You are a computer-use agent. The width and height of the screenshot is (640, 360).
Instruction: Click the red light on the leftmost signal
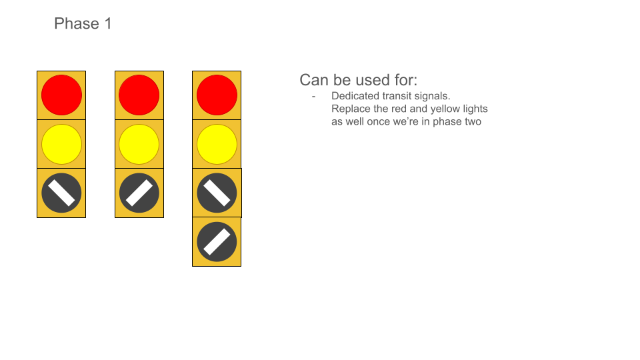pos(61,95)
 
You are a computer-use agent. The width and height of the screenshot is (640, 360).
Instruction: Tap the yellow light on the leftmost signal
pos(61,144)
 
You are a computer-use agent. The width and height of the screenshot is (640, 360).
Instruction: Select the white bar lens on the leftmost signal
pos(61,193)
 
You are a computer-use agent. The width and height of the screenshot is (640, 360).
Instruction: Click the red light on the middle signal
pos(139,95)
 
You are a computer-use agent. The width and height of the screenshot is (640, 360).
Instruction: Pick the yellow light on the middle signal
pos(139,144)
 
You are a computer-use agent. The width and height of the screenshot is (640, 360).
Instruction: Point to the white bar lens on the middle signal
pos(139,193)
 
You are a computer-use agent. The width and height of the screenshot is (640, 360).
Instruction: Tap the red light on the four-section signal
pos(217,95)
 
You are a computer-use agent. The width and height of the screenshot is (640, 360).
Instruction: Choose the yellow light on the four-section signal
pos(217,144)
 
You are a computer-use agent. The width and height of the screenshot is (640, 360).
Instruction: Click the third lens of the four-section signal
pos(217,193)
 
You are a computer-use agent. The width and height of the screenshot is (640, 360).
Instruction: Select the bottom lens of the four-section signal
pos(217,242)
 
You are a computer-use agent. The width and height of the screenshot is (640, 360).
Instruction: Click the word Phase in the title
pos(77,24)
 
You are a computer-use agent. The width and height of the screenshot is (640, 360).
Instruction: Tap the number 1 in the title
pos(108,24)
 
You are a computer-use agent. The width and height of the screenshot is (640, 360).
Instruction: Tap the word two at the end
pos(473,121)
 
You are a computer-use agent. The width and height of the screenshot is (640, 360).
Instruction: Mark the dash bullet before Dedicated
pos(313,97)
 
